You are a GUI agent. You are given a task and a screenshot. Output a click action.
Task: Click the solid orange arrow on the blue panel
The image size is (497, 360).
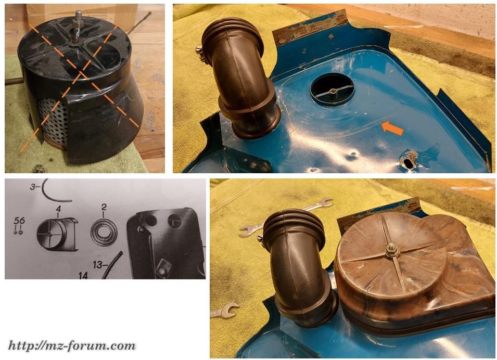[392, 128]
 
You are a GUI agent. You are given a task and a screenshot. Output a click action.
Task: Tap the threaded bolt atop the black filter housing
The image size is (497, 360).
[77, 28]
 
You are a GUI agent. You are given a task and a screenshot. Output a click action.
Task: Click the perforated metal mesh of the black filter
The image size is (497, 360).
[52, 124]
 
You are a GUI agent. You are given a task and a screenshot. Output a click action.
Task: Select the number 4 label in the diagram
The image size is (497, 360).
[58, 209]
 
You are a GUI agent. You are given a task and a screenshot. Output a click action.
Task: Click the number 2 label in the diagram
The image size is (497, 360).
[104, 207]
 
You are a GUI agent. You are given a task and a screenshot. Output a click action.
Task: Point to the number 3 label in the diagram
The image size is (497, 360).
[33, 187]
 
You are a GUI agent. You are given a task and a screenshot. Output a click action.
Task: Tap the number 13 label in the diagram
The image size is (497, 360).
[98, 264]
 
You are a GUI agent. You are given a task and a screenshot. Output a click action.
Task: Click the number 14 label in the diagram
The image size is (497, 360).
[83, 275]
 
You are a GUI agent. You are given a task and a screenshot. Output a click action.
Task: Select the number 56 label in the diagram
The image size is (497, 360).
[19, 221]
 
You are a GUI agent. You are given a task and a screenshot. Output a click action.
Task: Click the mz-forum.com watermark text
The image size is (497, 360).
[72, 346]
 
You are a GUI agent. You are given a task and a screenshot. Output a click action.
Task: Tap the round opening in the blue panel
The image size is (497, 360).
[332, 89]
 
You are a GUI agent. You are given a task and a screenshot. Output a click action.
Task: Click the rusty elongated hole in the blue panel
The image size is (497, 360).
[408, 161]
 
